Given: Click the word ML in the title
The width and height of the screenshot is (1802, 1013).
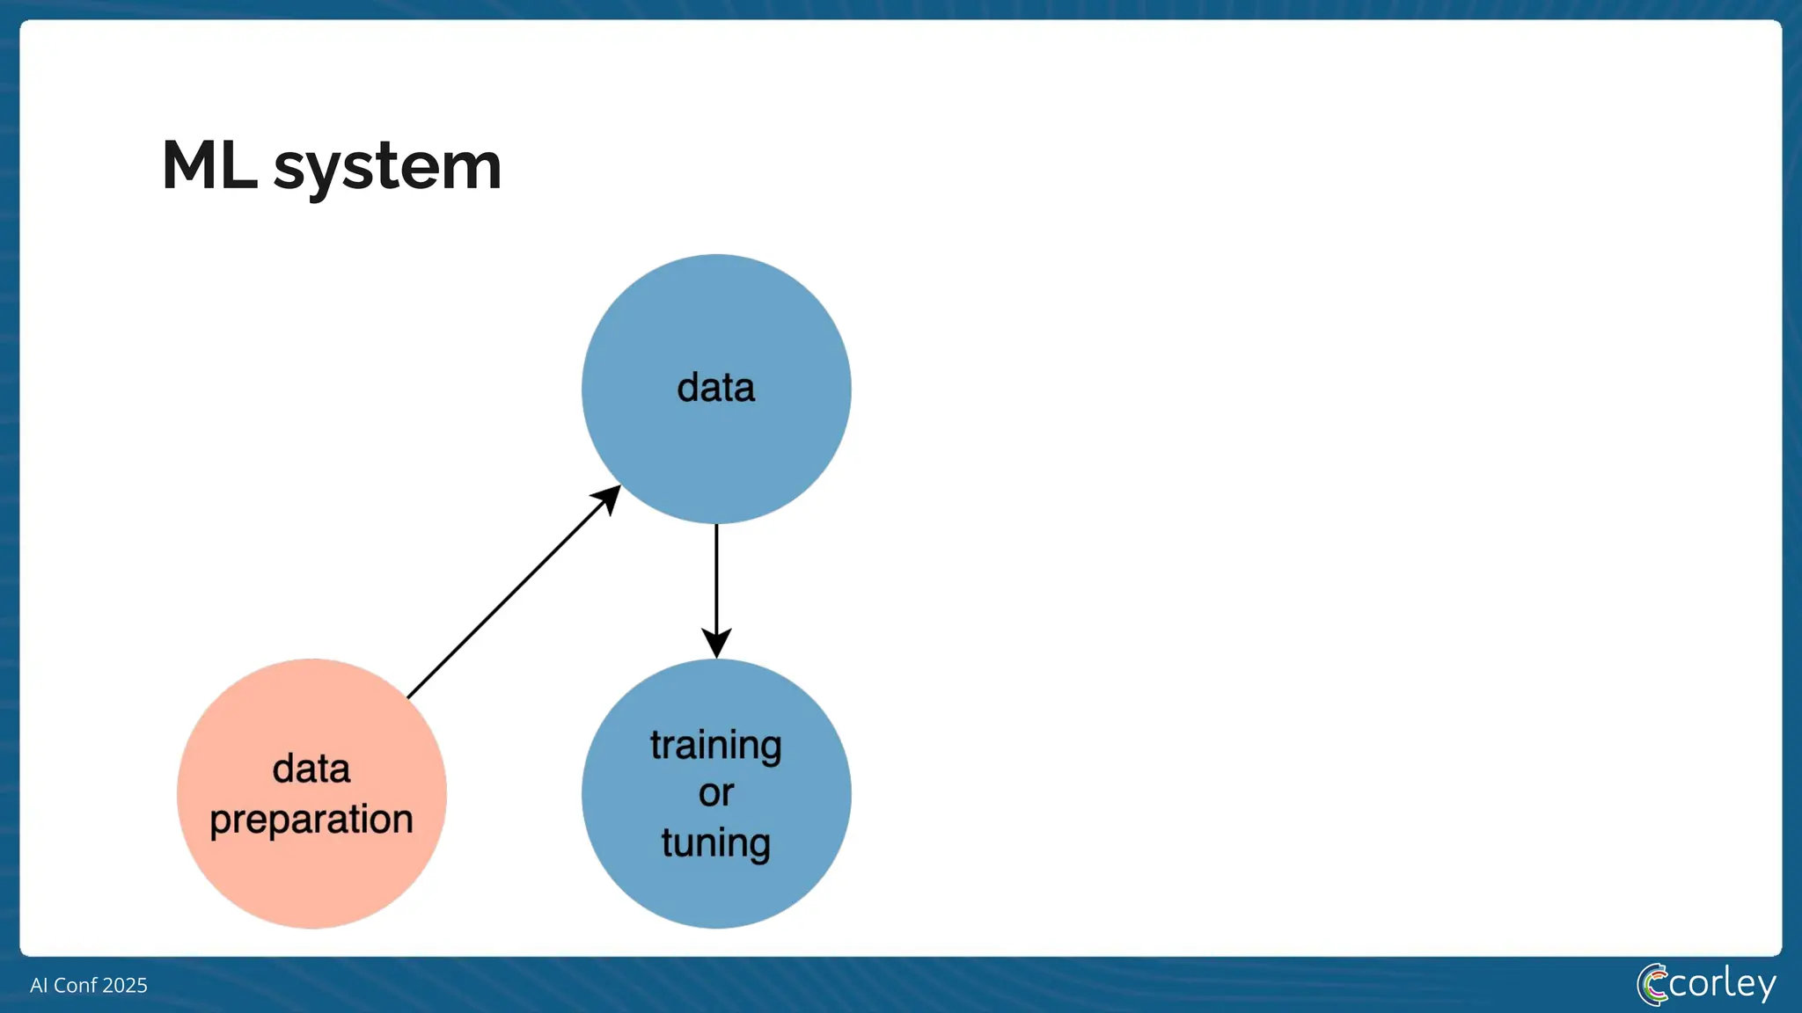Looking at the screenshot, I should point(209,165).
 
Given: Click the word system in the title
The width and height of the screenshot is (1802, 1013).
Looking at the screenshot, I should point(387,167).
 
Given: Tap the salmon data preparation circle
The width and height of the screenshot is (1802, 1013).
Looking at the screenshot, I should point(311,871).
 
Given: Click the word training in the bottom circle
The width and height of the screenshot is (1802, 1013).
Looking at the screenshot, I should point(715,746).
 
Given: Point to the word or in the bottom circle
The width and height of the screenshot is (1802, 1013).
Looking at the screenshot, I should point(715,793).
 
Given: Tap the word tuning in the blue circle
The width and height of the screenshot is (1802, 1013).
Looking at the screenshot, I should point(715,842).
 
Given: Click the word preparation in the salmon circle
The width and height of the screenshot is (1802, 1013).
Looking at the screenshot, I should point(311,820).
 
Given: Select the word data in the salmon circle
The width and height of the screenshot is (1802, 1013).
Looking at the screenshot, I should point(311,769).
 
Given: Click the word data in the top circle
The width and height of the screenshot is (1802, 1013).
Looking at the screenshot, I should point(715,388).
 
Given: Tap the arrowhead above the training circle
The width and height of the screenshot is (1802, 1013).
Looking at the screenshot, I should point(716,643).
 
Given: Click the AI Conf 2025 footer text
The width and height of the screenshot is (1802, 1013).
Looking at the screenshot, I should point(88,985).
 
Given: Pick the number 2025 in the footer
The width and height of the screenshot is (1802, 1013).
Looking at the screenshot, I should point(124,985).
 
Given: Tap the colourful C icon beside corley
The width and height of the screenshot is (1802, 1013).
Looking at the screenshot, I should point(1652,985).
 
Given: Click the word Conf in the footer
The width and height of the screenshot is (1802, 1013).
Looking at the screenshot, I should point(75,985).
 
